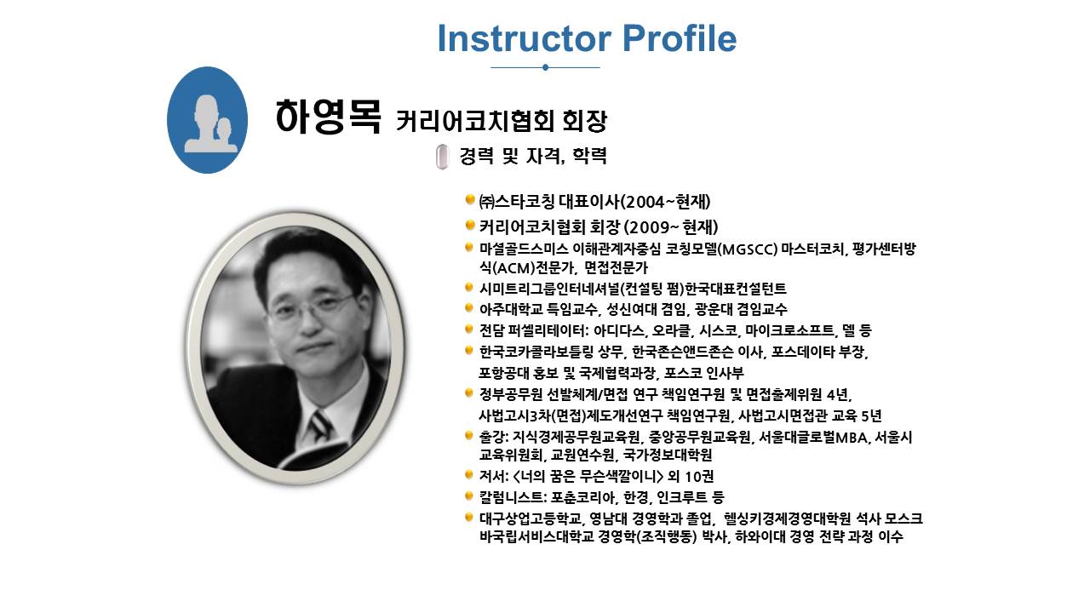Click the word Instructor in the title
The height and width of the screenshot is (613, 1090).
(525, 38)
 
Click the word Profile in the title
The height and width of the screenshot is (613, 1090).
(680, 38)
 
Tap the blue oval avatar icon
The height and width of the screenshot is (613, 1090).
(207, 120)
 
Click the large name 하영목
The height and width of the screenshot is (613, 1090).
(328, 117)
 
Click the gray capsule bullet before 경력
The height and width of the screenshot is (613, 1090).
(442, 157)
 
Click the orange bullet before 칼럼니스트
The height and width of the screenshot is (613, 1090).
(469, 496)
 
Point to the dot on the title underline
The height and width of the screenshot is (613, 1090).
(545, 67)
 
